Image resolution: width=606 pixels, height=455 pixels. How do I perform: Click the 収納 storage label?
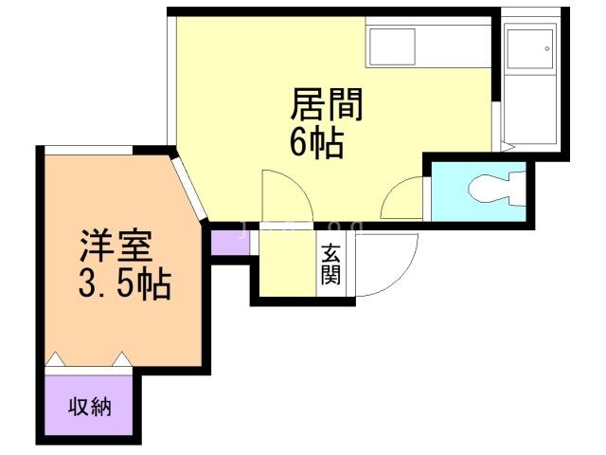tap(89, 408)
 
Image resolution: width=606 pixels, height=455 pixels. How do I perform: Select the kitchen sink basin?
tap(393, 45)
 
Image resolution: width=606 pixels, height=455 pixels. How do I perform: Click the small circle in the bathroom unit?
tap(546, 48)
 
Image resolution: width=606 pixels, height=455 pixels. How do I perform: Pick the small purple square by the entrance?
tap(227, 242)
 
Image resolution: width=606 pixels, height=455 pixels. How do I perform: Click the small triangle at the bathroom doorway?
tap(507, 147)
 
